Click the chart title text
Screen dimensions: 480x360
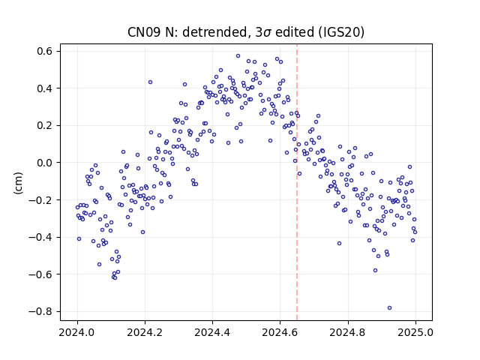(246, 32)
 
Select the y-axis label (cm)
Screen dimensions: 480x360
(18, 183)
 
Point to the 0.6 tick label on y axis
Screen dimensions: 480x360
(46, 51)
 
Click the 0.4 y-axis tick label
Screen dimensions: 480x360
(46, 88)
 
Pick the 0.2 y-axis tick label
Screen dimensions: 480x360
(46, 125)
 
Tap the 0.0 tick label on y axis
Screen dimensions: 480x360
(46, 163)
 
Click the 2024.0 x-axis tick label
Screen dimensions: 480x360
(77, 332)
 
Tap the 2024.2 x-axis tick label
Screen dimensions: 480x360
(145, 332)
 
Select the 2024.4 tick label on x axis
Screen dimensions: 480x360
(212, 332)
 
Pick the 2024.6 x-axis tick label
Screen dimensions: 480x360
(280, 332)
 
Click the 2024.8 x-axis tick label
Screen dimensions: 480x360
(348, 332)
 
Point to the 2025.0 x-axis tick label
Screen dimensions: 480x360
(415, 332)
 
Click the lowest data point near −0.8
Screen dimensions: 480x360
(389, 308)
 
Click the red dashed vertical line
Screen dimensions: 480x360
(297, 182)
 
